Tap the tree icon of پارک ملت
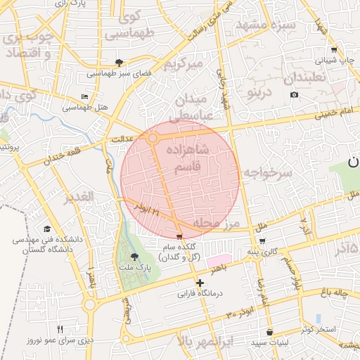[x=135, y=257]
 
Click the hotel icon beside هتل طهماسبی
[x=85, y=96]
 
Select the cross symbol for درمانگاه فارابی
[x=200, y=283]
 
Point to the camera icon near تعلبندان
[x=294, y=94]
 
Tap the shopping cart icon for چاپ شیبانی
[x=333, y=50]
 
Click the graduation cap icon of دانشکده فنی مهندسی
[x=47, y=229]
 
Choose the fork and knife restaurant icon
[x=60, y=329]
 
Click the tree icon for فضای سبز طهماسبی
[x=120, y=62]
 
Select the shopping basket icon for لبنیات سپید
[x=269, y=332]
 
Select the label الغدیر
[x=79, y=198]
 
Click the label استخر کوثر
[x=325, y=329]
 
